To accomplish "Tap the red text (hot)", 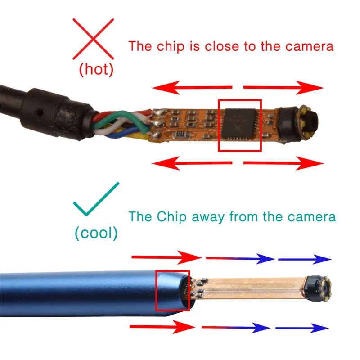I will [96, 70].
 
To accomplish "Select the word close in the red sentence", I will [223, 46].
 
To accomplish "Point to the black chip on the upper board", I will [239, 125].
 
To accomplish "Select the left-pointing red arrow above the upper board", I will [193, 88].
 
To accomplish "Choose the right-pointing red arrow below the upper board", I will [283, 164].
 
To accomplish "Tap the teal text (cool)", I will [96, 233].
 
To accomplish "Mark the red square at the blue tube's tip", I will [172, 290].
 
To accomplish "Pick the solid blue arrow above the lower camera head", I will [305, 259].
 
